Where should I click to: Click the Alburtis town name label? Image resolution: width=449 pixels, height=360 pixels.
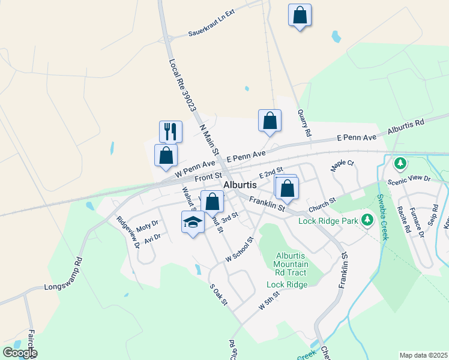pos(241,185)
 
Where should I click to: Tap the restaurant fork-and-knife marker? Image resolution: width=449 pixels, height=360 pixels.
pos(170,131)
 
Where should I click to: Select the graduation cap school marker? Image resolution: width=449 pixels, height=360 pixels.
pos(192,223)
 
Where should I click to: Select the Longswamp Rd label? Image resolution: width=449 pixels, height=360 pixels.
pos(62,275)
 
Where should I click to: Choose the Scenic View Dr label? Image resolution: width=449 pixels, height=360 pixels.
pos(410,179)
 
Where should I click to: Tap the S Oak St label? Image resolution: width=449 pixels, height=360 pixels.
pos(218,294)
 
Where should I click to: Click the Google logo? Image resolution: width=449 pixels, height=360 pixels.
pos(19,352)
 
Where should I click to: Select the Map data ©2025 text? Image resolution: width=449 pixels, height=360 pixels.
pos(423,355)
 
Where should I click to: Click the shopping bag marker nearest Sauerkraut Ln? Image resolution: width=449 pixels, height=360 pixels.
pos(300,15)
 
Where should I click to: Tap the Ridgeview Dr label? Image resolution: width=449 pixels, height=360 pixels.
pos(128,232)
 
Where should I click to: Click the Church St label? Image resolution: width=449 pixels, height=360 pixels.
pos(321,208)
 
